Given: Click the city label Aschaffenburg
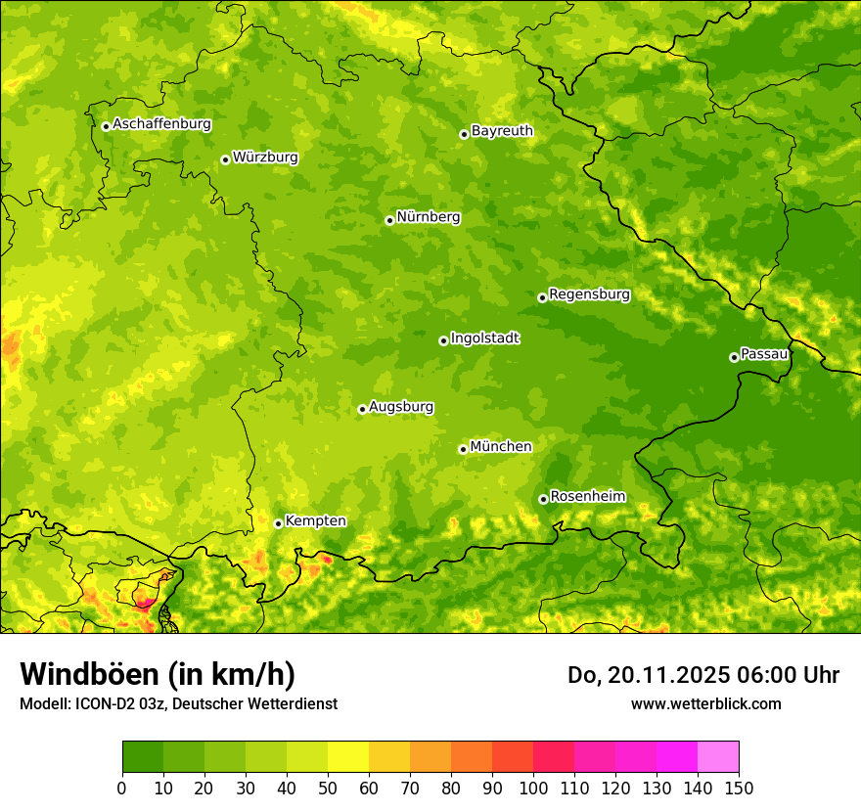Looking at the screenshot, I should [161, 124].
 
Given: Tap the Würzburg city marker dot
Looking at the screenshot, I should [225, 159].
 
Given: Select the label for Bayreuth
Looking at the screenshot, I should [502, 131].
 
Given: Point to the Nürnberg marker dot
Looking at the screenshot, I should [389, 220].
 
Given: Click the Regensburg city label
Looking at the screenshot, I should [589, 294].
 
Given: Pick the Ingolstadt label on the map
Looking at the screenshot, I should [484, 338].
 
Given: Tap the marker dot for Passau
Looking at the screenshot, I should [734, 357].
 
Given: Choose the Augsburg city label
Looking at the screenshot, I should [401, 407].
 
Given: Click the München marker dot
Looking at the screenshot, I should [463, 449].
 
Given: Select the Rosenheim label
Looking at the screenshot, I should [587, 497].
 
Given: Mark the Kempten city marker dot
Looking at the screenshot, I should [278, 523].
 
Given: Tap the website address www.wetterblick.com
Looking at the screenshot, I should [705, 703].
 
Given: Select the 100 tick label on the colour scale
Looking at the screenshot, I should [533, 788].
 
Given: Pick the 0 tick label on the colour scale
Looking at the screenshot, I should [122, 788].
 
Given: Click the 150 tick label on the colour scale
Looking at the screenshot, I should [739, 788].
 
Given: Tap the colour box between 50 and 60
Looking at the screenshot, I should [348, 757].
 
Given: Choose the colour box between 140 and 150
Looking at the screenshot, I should [718, 757].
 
